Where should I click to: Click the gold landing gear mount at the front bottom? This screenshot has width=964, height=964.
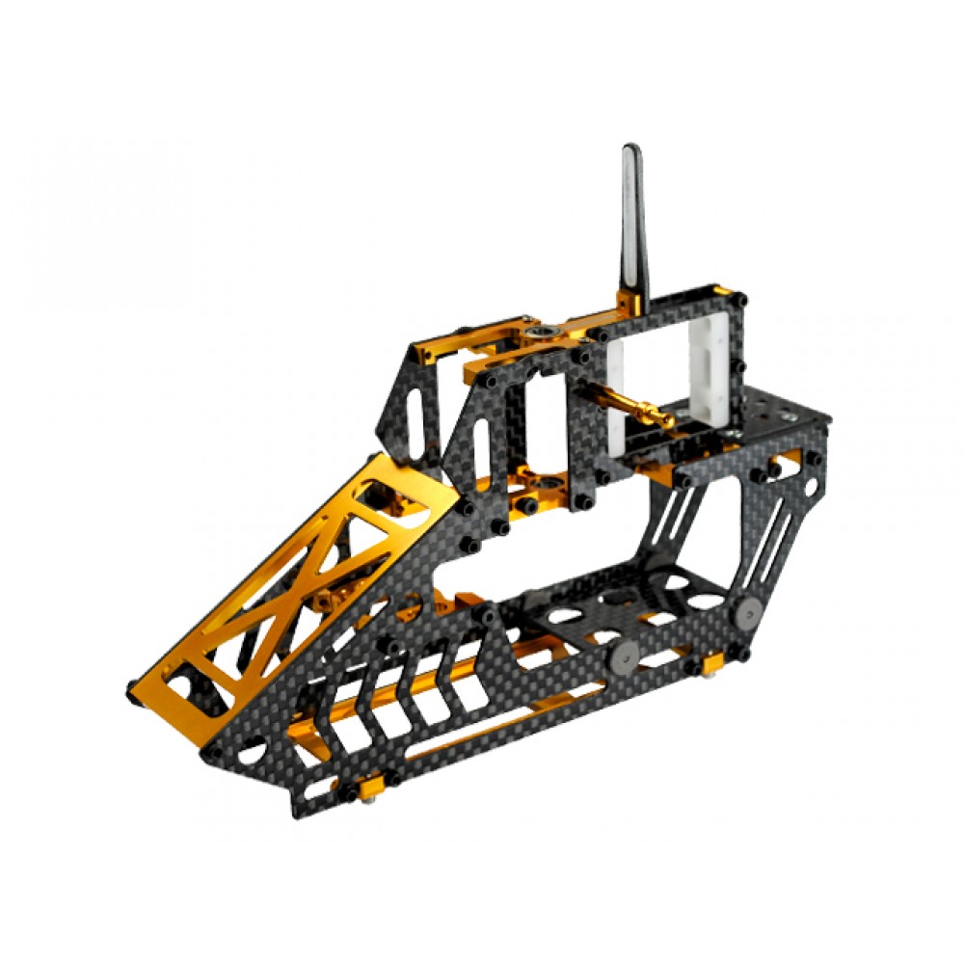372,788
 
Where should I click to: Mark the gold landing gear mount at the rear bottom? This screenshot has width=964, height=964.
713,663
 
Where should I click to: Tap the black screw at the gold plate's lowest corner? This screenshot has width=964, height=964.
135,690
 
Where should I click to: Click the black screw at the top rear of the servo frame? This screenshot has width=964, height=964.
740,301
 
